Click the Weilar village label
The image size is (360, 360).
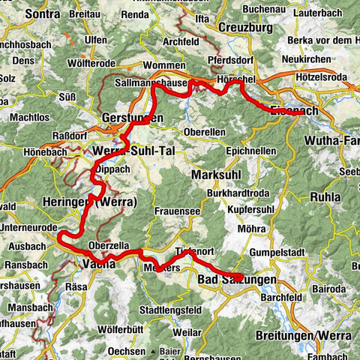pos(195,331)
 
